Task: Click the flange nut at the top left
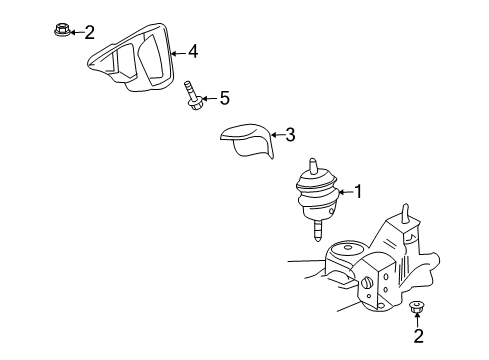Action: coord(59,32)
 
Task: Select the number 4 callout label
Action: coord(192,51)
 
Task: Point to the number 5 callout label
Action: coord(225,98)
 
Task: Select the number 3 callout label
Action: coord(290,135)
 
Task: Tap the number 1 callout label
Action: coord(358,192)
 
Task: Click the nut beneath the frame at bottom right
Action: coord(418,306)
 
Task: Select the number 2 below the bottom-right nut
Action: coord(419,336)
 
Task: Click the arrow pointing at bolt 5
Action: coord(210,98)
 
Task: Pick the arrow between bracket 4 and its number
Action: coord(177,51)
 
